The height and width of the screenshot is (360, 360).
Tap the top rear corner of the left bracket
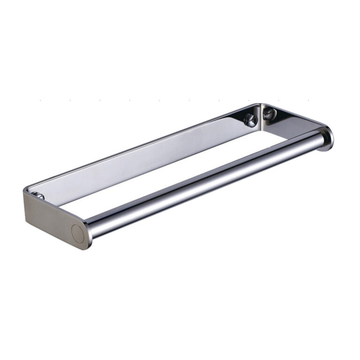click(24, 190)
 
